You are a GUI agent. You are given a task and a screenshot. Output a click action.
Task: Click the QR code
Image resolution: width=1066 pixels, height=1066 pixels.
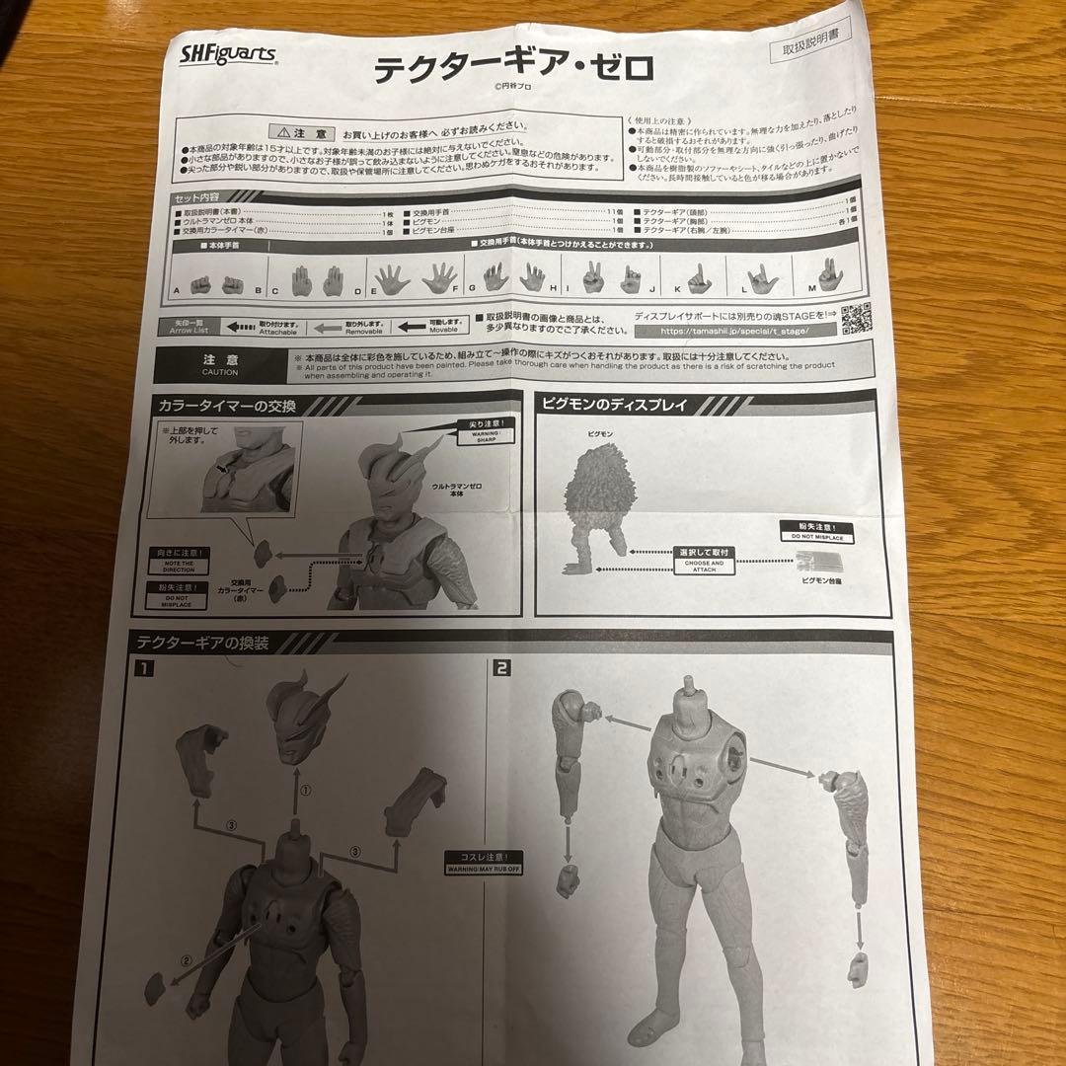tap(855, 318)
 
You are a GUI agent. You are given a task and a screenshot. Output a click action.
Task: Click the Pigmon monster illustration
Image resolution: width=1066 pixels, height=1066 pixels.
tap(598, 499)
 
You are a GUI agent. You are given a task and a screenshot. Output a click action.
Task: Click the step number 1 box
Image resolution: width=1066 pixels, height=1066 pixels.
tap(144, 669)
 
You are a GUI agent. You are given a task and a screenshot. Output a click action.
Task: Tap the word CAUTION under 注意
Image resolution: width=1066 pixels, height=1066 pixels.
tap(219, 371)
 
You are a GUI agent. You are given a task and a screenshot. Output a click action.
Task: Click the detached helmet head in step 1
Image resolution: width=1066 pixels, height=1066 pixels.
tap(304, 717)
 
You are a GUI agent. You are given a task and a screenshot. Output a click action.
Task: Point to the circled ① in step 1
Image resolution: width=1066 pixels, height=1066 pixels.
tap(305, 791)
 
